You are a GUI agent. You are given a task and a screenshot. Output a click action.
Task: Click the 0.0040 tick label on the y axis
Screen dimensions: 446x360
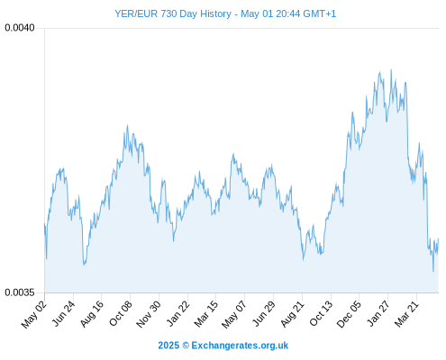click(20, 28)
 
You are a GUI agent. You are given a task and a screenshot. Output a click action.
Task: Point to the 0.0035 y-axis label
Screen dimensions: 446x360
click(20, 292)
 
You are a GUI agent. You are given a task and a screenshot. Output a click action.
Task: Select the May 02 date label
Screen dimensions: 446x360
click(34, 314)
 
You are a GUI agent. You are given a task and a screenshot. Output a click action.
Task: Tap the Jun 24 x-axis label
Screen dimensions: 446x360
click(63, 314)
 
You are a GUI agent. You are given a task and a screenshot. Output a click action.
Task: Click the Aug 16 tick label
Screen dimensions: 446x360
click(92, 314)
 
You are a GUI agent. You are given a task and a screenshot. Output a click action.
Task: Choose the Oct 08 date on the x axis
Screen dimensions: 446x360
click(121, 314)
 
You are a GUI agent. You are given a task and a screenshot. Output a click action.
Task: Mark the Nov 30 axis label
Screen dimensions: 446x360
click(149, 314)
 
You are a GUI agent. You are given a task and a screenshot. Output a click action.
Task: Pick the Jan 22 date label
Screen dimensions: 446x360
click(178, 314)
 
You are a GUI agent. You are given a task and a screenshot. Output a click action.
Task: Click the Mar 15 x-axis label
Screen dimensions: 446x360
click(205, 314)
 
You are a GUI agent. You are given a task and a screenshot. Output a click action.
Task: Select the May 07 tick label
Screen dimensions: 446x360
click(234, 314)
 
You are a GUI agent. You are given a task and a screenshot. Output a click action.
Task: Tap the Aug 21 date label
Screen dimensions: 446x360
click(293, 314)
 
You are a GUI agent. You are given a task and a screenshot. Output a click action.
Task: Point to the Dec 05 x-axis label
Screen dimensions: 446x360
click(349, 314)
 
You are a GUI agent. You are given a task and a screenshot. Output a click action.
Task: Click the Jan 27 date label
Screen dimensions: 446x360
click(378, 314)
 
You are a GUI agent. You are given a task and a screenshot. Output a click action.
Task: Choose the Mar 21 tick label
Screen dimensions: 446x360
click(406, 314)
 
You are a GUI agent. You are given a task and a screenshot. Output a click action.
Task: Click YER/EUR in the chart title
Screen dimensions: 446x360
click(136, 13)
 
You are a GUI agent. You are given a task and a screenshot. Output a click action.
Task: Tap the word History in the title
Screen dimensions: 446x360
click(215, 14)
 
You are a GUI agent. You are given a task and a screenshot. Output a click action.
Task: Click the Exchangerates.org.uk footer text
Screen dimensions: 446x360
click(240, 346)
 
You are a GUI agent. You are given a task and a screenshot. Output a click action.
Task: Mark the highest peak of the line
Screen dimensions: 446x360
click(391, 70)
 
